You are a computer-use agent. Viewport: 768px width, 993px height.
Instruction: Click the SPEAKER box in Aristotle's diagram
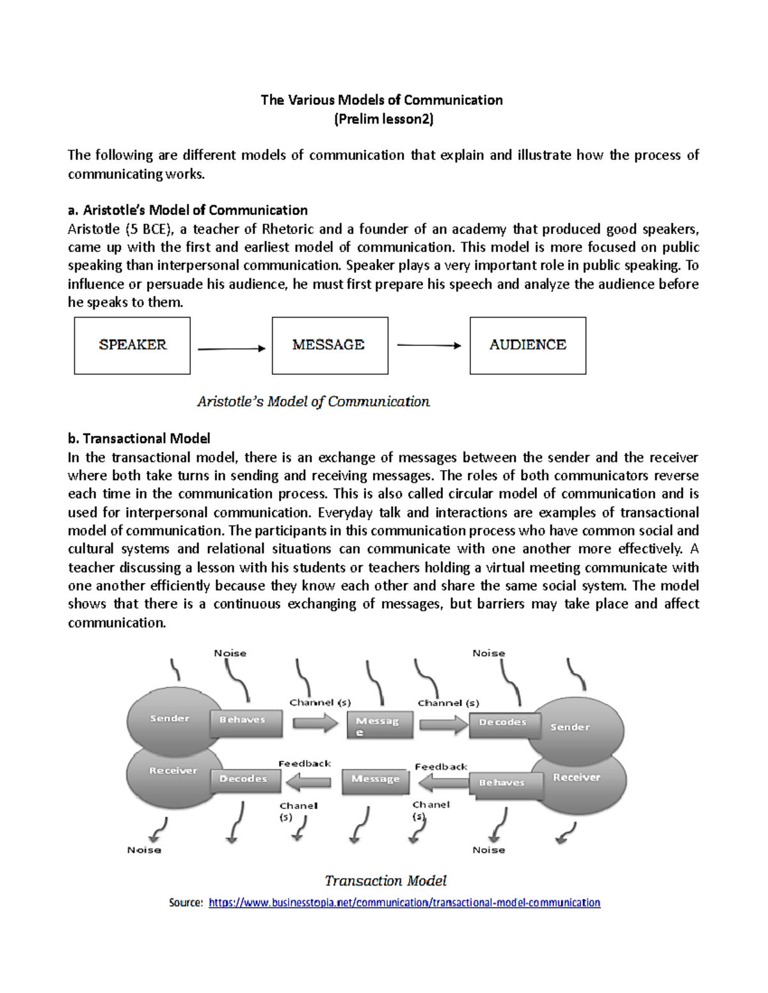coord(132,345)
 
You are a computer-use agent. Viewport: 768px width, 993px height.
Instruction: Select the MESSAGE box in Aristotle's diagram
coord(330,345)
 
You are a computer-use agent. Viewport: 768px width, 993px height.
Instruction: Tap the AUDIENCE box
coord(527,345)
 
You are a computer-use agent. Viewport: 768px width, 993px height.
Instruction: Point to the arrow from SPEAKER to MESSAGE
coord(231,348)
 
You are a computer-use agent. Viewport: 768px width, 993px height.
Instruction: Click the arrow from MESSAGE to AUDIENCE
coord(429,345)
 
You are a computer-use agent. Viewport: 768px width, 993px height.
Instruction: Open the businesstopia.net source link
coord(404,902)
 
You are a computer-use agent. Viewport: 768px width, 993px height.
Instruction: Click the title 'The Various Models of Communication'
coord(381,100)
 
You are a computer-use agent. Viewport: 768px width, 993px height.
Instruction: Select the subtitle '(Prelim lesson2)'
coord(383,119)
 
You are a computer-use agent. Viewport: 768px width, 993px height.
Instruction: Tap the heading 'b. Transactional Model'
coord(139,438)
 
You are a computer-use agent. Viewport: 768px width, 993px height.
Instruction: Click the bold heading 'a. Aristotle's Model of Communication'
coord(188,210)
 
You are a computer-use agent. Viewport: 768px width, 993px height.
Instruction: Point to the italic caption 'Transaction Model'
coord(385,880)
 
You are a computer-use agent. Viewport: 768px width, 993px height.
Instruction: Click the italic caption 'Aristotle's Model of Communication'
coord(313,402)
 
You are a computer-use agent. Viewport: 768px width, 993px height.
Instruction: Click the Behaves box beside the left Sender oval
coord(246,721)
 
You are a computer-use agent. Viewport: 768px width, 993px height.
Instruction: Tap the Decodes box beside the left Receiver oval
coord(246,779)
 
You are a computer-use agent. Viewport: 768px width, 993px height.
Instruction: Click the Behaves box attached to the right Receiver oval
coord(504,784)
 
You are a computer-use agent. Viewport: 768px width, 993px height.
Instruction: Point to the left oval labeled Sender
coord(169,719)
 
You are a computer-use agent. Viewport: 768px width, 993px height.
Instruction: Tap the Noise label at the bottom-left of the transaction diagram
coord(144,850)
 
